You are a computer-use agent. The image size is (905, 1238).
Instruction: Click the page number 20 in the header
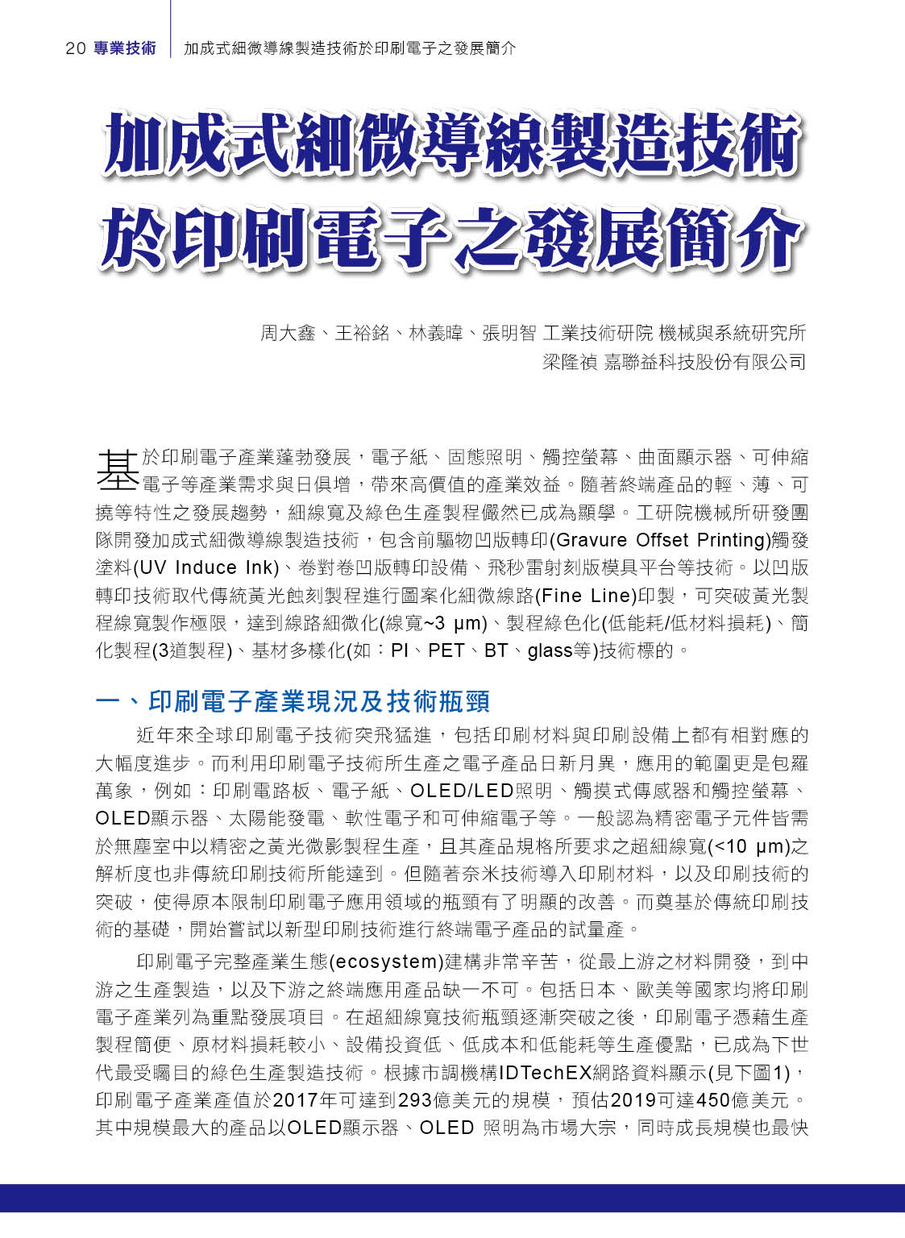click(x=75, y=48)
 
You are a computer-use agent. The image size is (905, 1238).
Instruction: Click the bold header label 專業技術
click(x=125, y=48)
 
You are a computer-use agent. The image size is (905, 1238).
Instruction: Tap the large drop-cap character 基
click(x=118, y=469)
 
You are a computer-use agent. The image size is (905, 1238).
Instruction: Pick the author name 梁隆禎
click(x=569, y=362)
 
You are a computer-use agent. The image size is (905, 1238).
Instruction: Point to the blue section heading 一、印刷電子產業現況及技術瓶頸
click(x=293, y=701)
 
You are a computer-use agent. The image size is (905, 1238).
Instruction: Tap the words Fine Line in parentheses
click(x=585, y=596)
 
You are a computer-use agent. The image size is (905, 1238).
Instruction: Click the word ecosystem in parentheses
click(x=385, y=962)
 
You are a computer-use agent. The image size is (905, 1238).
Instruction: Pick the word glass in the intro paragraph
click(x=549, y=650)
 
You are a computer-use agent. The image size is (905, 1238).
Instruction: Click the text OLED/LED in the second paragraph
click(x=462, y=791)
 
